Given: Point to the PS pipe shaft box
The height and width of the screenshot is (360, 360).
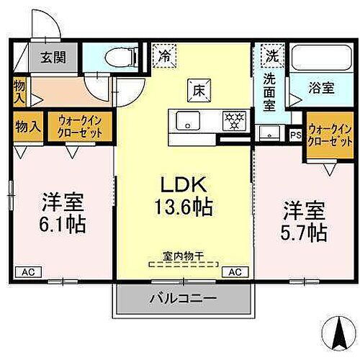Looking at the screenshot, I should tap(295, 135).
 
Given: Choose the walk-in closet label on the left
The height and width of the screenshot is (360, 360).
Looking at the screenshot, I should tap(80, 127).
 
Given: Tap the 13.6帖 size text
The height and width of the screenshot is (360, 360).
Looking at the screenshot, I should tap(184, 209).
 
